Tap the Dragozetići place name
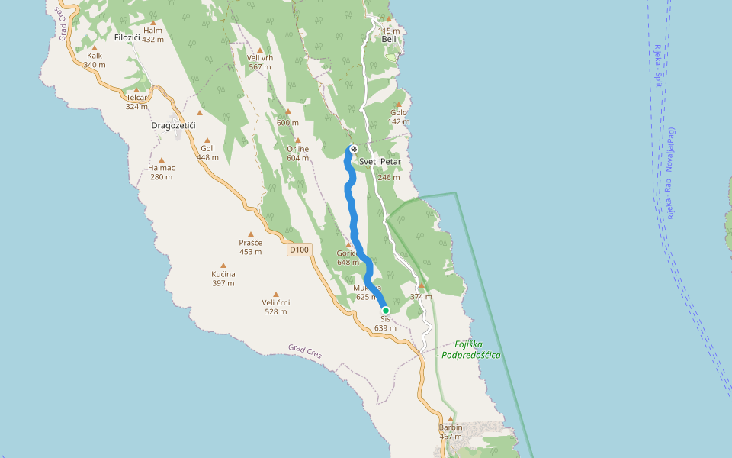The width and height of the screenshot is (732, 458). click(174, 125)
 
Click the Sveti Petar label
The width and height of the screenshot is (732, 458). click(380, 163)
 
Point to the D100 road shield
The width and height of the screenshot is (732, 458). click(300, 250)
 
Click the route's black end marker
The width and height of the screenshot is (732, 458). click(354, 149)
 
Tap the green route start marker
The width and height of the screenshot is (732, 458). click(386, 310)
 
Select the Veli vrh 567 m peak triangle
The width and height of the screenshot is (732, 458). click(260, 50)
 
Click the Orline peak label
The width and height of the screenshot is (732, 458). click(298, 149)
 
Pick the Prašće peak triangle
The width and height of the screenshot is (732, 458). click(250, 234)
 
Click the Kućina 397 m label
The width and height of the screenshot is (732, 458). click(223, 279)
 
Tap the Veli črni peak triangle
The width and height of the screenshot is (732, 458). click(276, 294)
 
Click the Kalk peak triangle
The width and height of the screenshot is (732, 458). click(95, 47)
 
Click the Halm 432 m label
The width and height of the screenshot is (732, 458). click(153, 35)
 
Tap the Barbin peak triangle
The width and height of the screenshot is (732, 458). click(451, 418)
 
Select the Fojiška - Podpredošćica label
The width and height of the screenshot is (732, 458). click(468, 350)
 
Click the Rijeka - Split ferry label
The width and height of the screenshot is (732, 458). click(658, 66)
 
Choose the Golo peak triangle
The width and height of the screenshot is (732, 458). click(398, 104)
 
